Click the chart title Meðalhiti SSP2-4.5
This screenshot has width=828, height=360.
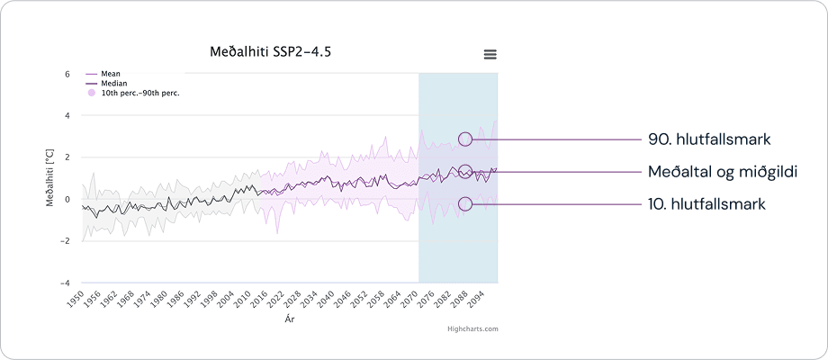pos(271,51)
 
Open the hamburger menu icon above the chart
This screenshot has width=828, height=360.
pos(490,54)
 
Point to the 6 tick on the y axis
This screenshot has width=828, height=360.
pos(67,74)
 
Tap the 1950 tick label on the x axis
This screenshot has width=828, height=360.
pos(76,300)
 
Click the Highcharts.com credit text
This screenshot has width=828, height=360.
pos(472,329)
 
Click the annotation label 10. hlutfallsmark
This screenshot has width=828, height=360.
pos(706,204)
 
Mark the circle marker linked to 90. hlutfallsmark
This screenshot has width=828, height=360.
pos(465,139)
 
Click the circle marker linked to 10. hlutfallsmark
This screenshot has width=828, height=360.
pos(465,203)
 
